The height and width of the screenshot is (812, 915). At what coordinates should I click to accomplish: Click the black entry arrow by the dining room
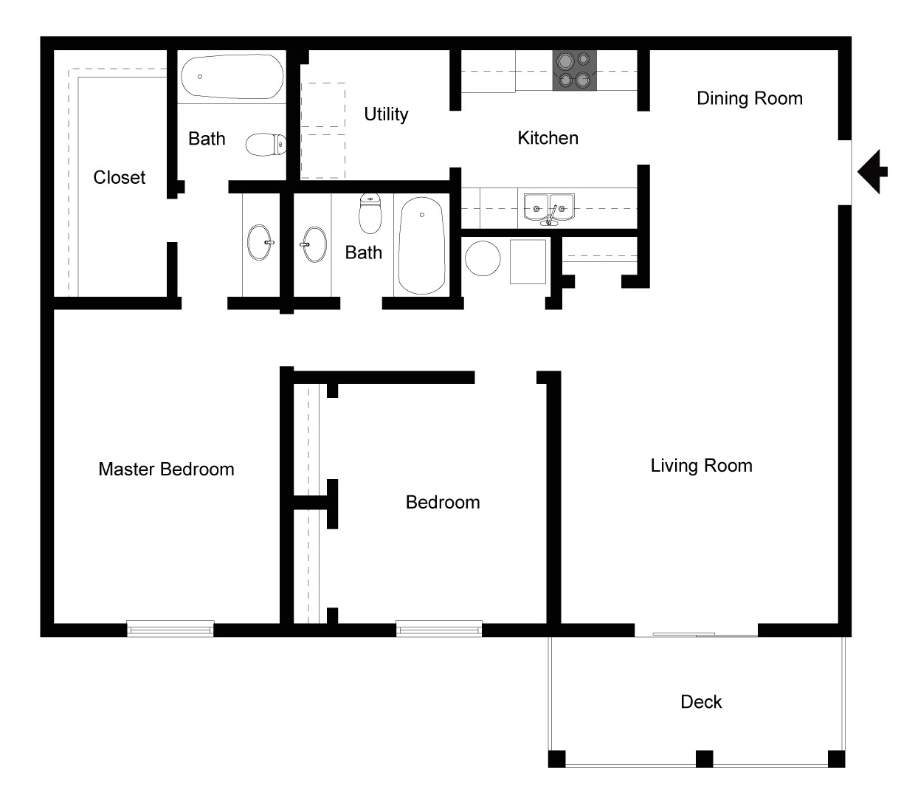tap(873, 171)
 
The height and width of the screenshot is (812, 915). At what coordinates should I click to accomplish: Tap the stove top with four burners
tap(574, 70)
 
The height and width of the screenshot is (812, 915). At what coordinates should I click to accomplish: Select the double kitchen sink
tap(549, 207)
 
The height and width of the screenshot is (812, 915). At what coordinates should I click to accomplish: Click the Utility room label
tap(386, 114)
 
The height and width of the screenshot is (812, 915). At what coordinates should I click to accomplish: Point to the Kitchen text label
tap(548, 138)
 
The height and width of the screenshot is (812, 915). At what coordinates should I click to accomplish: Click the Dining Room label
tap(749, 98)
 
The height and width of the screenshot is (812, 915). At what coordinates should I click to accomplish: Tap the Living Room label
tap(701, 466)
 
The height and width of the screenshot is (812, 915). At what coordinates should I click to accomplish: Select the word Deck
tap(701, 701)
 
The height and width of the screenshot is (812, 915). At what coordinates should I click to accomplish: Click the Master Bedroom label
tap(166, 469)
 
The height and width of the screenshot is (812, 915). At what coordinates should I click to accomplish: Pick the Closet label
tap(120, 177)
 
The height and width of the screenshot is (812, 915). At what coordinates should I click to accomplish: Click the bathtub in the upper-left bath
tap(232, 77)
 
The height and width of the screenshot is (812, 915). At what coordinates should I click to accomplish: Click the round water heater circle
tap(483, 258)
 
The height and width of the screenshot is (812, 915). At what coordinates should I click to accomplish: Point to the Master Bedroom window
tap(170, 629)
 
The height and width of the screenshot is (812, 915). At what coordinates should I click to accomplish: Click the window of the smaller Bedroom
tap(439, 629)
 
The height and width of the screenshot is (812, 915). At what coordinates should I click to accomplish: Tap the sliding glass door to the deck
tap(696, 633)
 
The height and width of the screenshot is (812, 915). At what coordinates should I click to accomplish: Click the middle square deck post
tap(704, 758)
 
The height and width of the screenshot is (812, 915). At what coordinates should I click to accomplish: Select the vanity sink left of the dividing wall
tap(260, 243)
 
